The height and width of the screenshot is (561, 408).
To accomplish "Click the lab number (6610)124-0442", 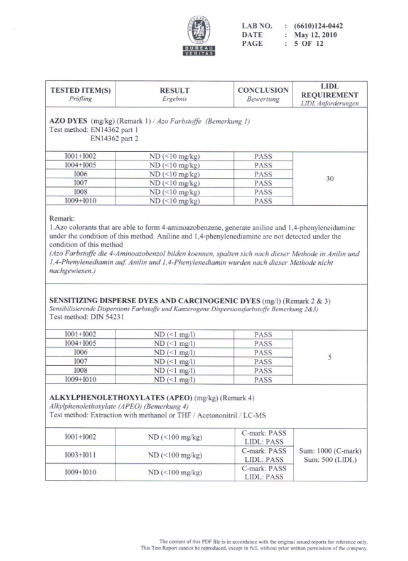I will (x=314, y=26).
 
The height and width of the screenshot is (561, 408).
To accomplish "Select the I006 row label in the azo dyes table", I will (x=80, y=174).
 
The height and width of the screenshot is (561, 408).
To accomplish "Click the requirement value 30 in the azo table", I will (x=330, y=179).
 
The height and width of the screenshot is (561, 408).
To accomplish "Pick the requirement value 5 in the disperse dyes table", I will (x=330, y=357).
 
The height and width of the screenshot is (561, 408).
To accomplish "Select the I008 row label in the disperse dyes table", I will (x=80, y=370).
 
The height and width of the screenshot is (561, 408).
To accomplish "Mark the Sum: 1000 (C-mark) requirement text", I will (x=330, y=451).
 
